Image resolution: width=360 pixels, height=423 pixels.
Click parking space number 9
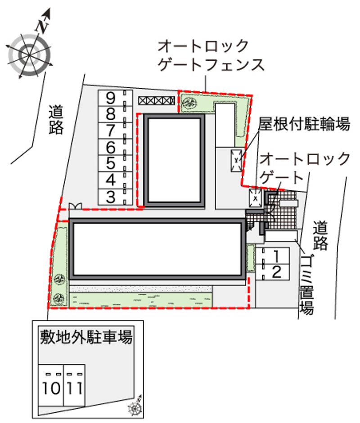pos(115,98)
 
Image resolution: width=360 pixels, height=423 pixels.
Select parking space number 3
pos(115,197)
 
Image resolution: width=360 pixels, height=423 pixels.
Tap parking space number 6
pos(115,147)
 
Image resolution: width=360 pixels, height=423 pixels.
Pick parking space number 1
pos(273,256)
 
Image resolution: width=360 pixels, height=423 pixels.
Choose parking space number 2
pos(273,272)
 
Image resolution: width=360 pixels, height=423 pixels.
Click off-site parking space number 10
pos(51,385)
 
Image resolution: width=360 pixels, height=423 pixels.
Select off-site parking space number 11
pos(75,385)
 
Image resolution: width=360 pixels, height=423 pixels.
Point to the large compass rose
pos(29,55)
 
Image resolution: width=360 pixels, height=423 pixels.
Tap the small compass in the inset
pos(135,406)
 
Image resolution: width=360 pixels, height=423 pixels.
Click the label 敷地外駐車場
pos(86,337)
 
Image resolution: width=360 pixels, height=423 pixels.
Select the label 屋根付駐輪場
pos(304,124)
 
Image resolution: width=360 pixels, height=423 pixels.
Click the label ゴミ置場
pos(307,285)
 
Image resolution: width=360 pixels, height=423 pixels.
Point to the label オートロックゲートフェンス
pos(211,55)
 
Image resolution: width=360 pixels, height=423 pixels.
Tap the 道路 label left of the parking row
pos(56,120)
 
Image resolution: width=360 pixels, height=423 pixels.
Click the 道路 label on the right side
pos(320,235)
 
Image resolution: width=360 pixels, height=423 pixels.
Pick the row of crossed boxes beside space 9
pos(157,101)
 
